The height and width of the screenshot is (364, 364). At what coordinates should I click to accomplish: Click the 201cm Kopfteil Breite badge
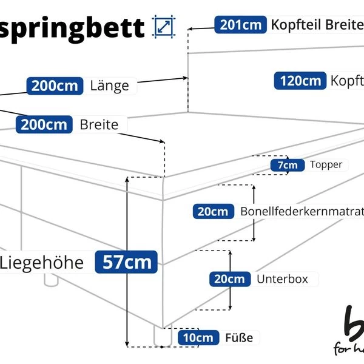[x=241, y=25]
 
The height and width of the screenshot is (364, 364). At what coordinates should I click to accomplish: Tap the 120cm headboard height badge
[x=300, y=81]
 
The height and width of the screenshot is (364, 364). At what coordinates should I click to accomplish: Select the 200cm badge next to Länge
[x=55, y=86]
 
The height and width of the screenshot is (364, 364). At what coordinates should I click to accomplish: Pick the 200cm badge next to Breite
[x=44, y=124]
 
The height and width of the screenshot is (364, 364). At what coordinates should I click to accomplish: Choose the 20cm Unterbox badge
[x=230, y=279]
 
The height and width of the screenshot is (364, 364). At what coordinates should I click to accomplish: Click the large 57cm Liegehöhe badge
[x=126, y=263]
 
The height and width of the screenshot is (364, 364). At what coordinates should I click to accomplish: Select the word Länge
[x=109, y=86]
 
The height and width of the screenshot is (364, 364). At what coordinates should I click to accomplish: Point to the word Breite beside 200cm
[x=99, y=124]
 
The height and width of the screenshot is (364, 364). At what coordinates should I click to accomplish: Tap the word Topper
[x=326, y=164]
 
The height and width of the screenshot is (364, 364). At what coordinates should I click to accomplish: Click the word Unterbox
[x=282, y=279]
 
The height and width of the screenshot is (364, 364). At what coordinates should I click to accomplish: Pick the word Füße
[x=238, y=337]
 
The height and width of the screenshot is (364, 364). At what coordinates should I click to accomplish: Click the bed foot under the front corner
[x=161, y=335]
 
